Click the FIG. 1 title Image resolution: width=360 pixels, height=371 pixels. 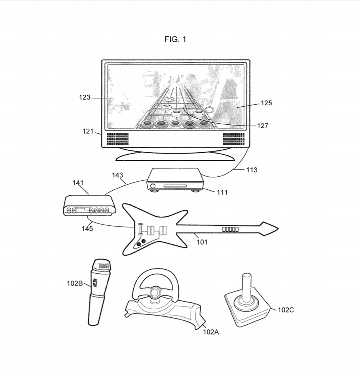click(175, 39)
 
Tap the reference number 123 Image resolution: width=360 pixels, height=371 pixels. click(85, 97)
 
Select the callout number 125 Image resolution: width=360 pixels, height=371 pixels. click(266, 103)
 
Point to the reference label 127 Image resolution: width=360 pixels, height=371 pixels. click(263, 126)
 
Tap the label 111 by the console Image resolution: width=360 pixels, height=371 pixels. click(222, 192)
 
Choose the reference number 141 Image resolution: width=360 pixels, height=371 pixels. click(78, 183)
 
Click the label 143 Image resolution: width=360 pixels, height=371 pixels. click(117, 175)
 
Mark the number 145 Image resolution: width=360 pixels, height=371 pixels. click(87, 228)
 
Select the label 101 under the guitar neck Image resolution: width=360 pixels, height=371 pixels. click(202, 242)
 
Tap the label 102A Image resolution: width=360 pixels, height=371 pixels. click(211, 332)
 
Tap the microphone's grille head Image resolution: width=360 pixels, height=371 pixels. click(102, 265)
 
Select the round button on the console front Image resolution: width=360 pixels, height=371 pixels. click(154, 186)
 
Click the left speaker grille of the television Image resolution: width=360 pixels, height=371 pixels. click(117, 138)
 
